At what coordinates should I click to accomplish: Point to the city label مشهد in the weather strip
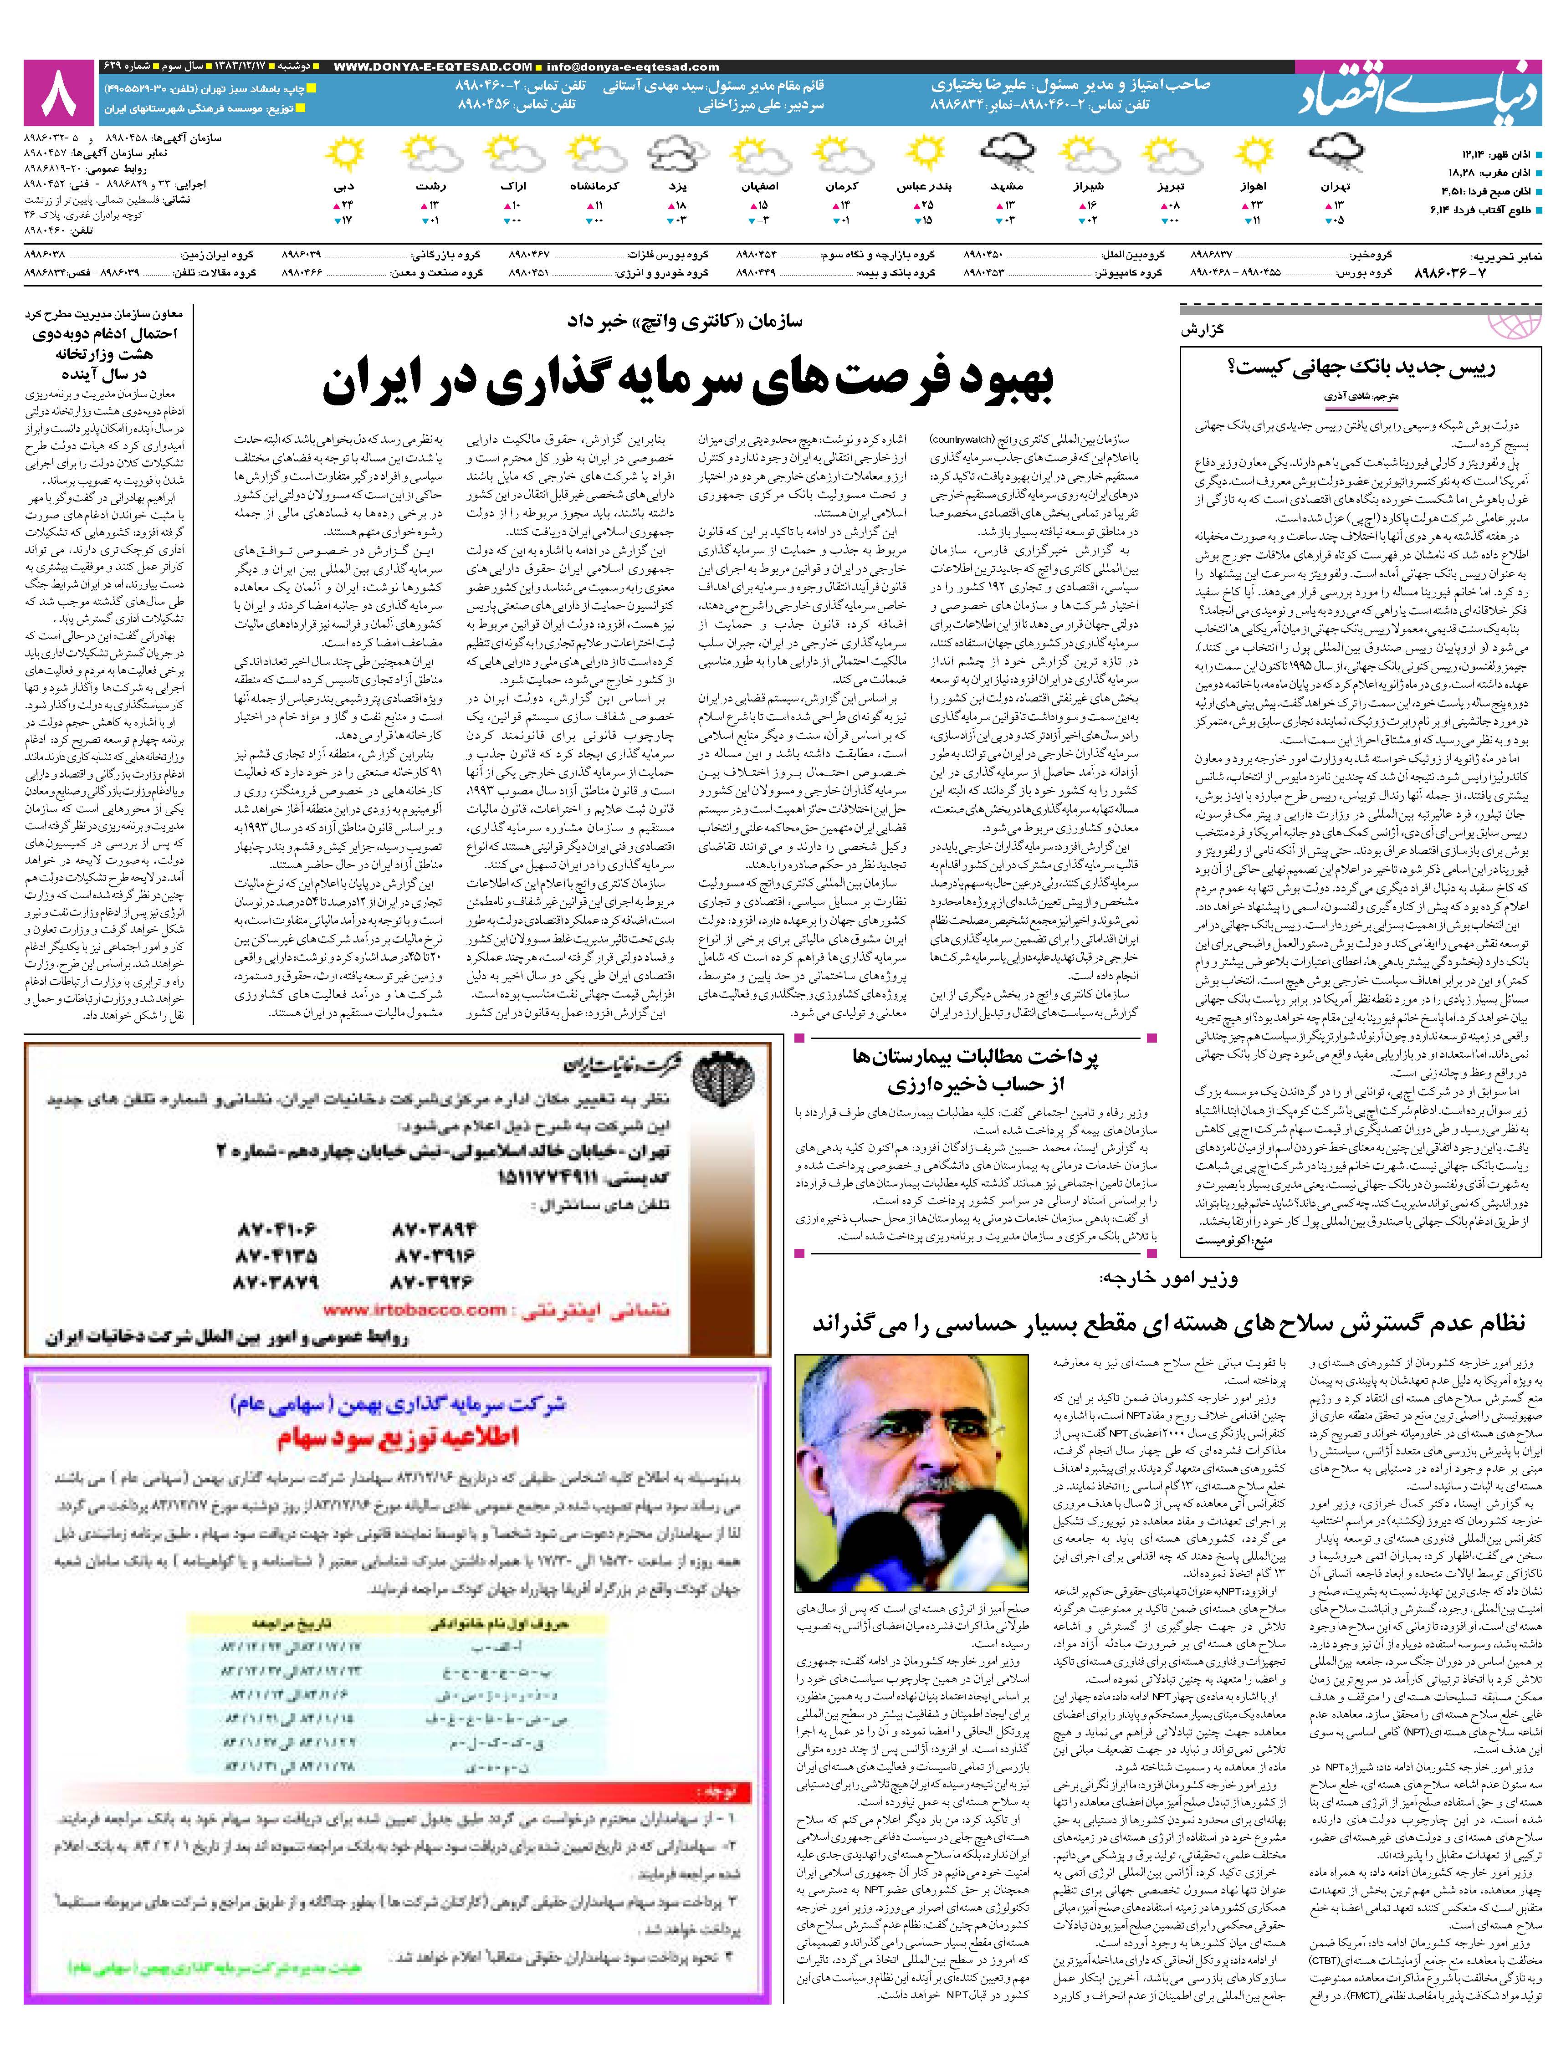pos(1005,187)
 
